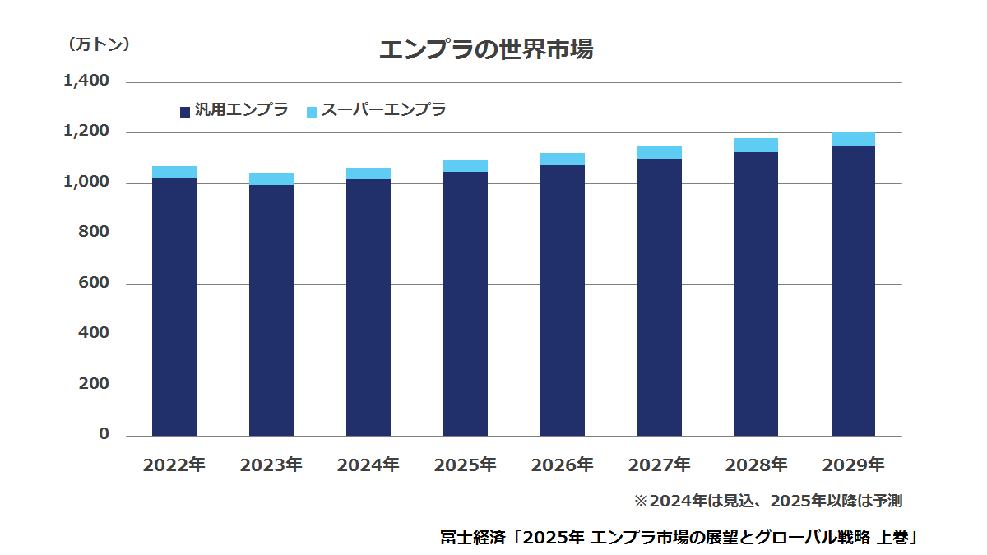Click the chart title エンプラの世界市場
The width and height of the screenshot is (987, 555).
point(486,49)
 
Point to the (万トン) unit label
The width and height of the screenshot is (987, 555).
point(98,44)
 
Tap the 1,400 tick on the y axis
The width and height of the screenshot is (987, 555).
point(86,81)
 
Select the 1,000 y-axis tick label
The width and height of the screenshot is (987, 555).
point(86,182)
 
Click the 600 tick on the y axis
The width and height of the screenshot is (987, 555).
point(94,282)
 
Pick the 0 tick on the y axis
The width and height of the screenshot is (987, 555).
point(104,434)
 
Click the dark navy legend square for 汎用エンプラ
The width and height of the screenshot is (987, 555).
point(185,112)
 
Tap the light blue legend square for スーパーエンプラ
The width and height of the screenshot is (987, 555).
point(312,112)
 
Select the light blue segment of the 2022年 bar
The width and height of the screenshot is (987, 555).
point(174,172)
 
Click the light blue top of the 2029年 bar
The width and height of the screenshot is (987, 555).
point(853,139)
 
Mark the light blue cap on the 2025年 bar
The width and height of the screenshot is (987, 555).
point(466,166)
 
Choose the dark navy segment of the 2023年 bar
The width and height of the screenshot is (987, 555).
point(271,311)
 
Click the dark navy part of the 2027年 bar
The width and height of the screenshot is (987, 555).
point(659,298)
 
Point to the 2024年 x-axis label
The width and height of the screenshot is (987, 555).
point(368,465)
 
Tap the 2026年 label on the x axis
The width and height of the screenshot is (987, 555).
point(563,465)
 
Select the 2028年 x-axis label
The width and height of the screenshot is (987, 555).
point(756,465)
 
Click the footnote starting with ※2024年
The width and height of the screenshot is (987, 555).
point(768,502)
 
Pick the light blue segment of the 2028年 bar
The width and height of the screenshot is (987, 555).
point(756,146)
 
